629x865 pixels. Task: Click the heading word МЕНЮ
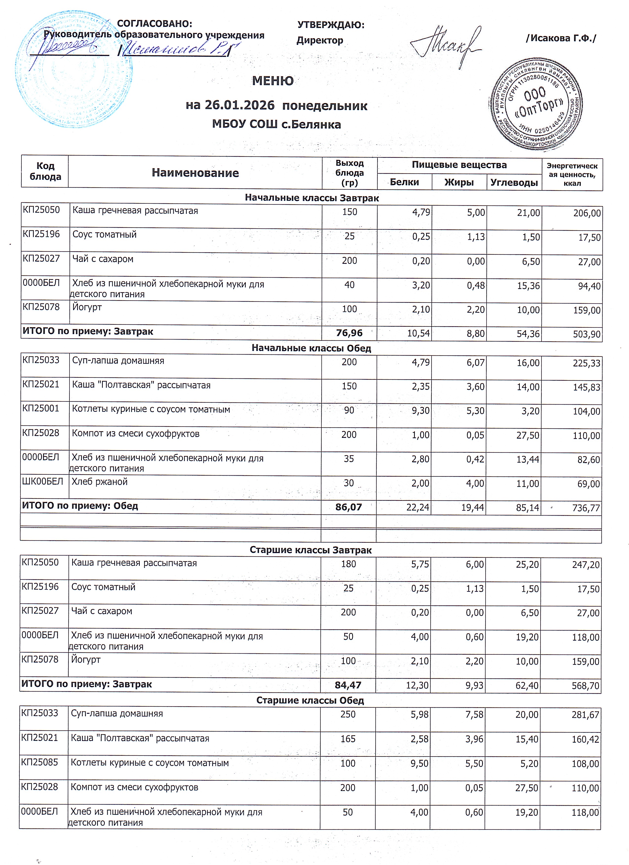coord(273,81)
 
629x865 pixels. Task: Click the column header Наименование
coord(195,173)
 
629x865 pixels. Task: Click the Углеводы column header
coord(514,182)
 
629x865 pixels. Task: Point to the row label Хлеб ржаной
coord(100,482)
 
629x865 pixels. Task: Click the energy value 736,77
coord(586,508)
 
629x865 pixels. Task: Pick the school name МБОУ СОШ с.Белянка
coord(276,124)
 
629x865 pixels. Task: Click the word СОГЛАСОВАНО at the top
coord(154,24)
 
